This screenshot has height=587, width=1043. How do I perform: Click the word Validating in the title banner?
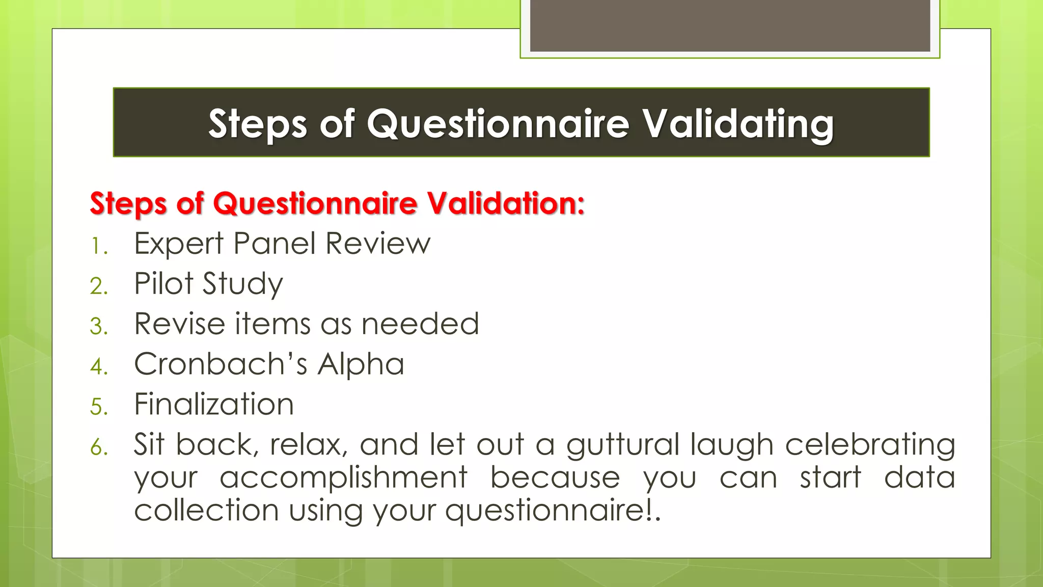[737, 124]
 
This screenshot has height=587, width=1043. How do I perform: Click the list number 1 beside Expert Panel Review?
[98, 247]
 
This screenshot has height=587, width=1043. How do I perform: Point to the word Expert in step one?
[179, 244]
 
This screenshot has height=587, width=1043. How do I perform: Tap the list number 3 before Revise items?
[99, 327]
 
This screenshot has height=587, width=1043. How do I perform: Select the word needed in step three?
[420, 324]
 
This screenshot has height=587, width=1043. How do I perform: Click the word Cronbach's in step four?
[221, 364]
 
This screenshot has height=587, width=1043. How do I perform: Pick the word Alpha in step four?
[361, 364]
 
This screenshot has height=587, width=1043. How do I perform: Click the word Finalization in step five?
[214, 404]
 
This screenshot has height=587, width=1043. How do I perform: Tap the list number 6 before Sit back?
[99, 447]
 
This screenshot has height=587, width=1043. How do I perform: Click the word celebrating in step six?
[870, 444]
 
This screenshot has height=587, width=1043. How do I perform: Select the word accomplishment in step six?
[343, 477]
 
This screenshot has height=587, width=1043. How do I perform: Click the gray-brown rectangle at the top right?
[730, 25]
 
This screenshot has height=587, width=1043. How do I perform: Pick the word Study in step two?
[242, 283]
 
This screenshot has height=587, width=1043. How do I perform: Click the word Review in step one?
[378, 244]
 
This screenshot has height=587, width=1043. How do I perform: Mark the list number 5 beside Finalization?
[99, 407]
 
